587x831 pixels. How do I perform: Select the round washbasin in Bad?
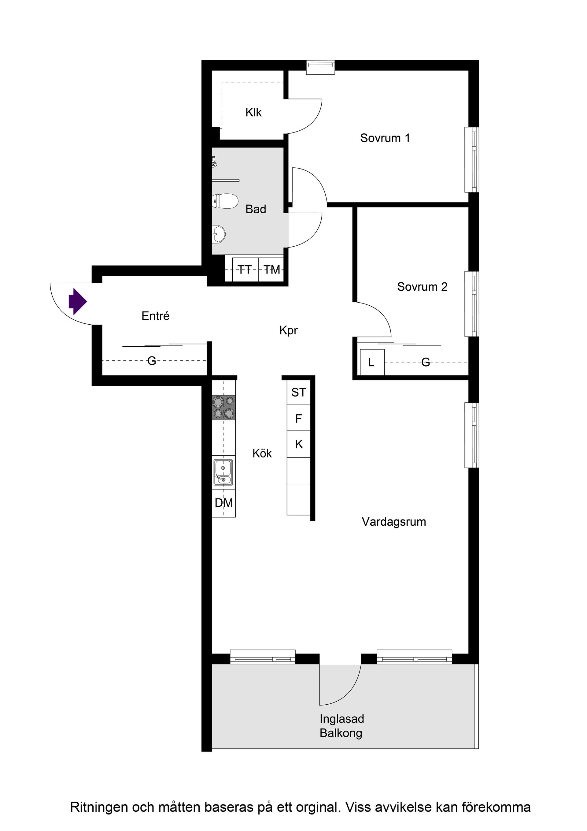[x=219, y=233]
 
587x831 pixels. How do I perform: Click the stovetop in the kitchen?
[x=223, y=408]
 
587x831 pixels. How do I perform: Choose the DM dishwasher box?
[x=223, y=503]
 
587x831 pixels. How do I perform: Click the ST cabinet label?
[x=298, y=392]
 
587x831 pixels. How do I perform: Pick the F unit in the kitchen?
[x=298, y=419]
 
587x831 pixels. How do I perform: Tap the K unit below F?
[x=299, y=445]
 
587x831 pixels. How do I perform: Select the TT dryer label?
[x=245, y=270]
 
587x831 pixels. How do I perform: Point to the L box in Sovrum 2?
[x=371, y=362]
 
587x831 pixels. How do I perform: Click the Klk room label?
[x=253, y=113]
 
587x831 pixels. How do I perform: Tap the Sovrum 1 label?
[x=385, y=138]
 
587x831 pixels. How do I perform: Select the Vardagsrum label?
[x=393, y=522]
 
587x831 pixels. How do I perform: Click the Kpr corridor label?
[x=288, y=330]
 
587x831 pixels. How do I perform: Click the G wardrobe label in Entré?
[x=152, y=360]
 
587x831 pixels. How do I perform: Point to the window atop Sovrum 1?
[x=320, y=67]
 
